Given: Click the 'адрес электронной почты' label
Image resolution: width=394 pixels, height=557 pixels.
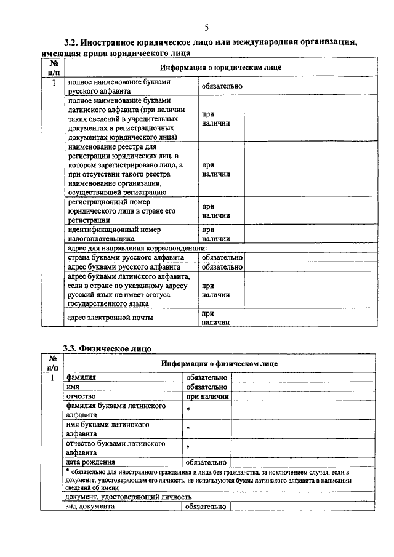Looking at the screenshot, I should pyautogui.click(x=111, y=318).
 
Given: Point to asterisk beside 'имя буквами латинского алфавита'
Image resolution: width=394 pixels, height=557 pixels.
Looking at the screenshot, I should pyautogui.click(x=188, y=428).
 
